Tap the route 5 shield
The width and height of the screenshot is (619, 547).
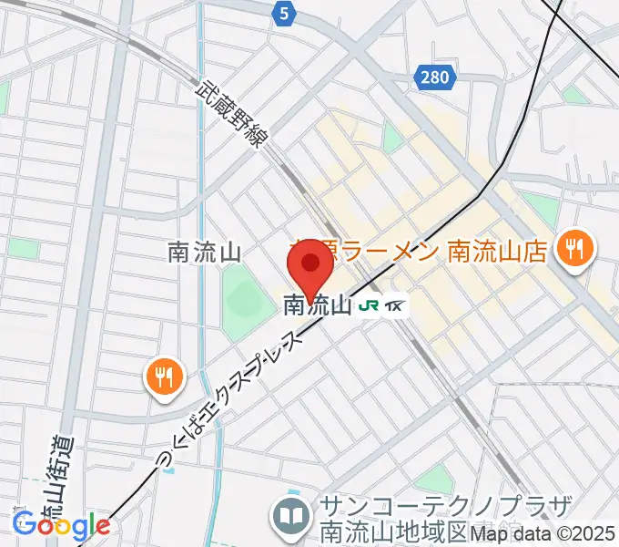(285, 13)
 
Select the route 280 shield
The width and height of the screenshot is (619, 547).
(435, 77)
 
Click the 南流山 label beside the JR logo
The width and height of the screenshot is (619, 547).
(317, 306)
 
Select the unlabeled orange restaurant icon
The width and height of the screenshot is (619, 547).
(165, 375)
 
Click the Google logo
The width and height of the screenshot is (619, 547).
(61, 525)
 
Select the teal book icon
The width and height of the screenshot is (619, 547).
(291, 517)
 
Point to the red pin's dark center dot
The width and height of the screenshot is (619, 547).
(311, 263)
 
